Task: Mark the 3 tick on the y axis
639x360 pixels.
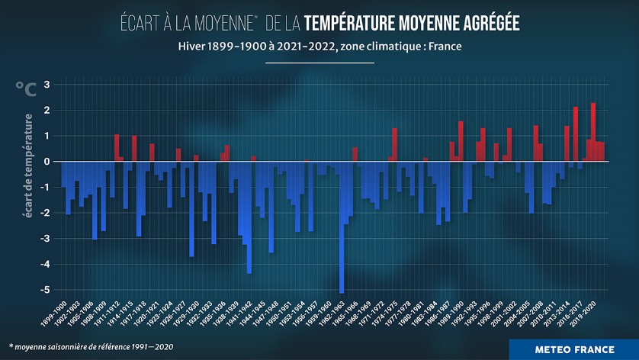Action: coord(47,84)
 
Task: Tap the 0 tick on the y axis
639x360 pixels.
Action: coord(47,162)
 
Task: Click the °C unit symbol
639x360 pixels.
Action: coord(25,89)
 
